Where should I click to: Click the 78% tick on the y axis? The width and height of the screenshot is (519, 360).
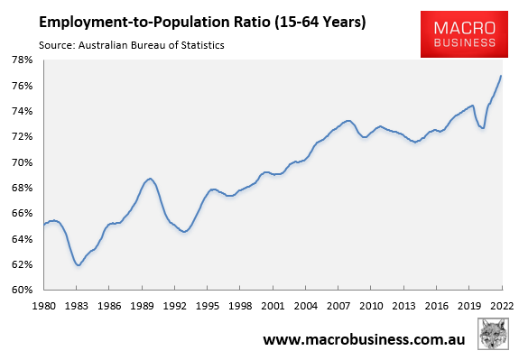[21, 60]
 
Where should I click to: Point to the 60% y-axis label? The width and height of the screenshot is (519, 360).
[21, 291]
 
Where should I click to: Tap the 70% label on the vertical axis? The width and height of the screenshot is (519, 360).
[21, 162]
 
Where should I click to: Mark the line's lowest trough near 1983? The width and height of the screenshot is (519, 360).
[79, 264]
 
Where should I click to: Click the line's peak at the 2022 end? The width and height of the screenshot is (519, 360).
[501, 76]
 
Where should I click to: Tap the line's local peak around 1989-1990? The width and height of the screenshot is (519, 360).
[150, 179]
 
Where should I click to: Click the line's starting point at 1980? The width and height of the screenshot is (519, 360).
[43, 224]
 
